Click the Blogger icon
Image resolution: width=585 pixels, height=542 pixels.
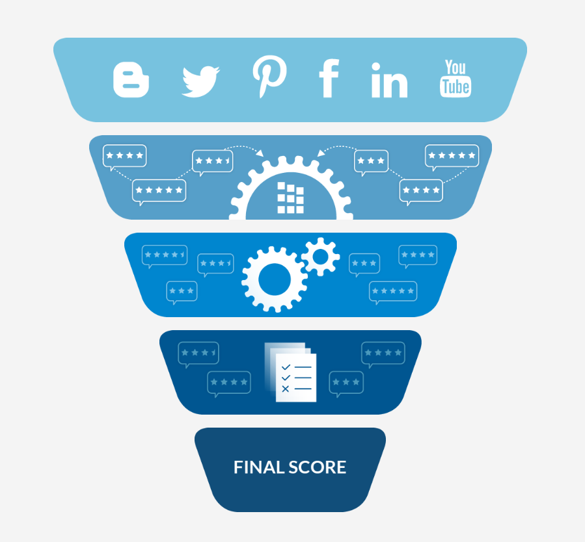pyautogui.click(x=131, y=80)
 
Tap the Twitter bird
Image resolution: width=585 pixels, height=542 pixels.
pyautogui.click(x=200, y=82)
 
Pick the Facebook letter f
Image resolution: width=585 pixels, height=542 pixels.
pyautogui.click(x=329, y=78)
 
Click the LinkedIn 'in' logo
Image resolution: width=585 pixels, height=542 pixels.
pyautogui.click(x=389, y=80)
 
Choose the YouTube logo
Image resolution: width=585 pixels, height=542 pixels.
pyautogui.click(x=455, y=78)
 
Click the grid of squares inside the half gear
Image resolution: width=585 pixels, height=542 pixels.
pyautogui.click(x=290, y=198)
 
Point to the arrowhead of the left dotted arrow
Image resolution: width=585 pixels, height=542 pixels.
pyautogui.click(x=260, y=153)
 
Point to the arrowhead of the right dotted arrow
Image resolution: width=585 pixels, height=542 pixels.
pyautogui.click(x=321, y=153)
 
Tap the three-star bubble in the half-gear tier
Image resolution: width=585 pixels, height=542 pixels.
pyautogui.click(x=371, y=161)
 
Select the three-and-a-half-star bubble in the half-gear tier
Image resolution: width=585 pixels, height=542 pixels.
pyautogui.click(x=213, y=161)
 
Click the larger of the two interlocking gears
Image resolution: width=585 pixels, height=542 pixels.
pyautogui.click(x=274, y=279)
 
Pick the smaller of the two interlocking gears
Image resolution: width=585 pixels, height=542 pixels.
pyautogui.click(x=321, y=257)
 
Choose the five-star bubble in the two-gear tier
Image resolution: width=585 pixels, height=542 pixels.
pyautogui.click(x=393, y=292)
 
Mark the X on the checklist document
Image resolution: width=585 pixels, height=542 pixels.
pyautogui.click(x=286, y=389)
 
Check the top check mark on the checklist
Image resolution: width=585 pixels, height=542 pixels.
pyautogui.click(x=286, y=367)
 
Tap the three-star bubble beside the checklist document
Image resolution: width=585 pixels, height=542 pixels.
pyautogui.click(x=346, y=383)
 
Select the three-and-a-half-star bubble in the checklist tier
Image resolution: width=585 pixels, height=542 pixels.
pyautogui.click(x=198, y=354)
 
